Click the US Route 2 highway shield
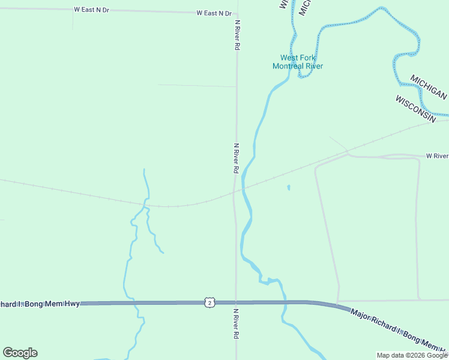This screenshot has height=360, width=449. (209, 303)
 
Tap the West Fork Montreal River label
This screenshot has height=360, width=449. (298, 62)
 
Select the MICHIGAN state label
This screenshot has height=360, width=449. (429, 88)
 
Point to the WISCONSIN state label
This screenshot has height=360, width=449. (415, 109)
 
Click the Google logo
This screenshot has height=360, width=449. (20, 353)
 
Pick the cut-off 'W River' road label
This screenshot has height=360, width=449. (437, 156)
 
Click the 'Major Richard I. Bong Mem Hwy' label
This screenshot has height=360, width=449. (398, 330)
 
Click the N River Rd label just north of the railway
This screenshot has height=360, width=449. (237, 158)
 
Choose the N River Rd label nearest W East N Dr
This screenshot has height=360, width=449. (237, 34)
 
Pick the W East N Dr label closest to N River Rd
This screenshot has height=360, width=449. (214, 13)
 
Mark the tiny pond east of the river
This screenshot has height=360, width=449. (289, 188)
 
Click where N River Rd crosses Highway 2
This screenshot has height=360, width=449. (236, 303)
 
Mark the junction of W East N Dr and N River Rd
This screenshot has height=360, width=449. (236, 14)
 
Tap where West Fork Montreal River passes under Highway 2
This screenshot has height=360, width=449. (283, 302)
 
